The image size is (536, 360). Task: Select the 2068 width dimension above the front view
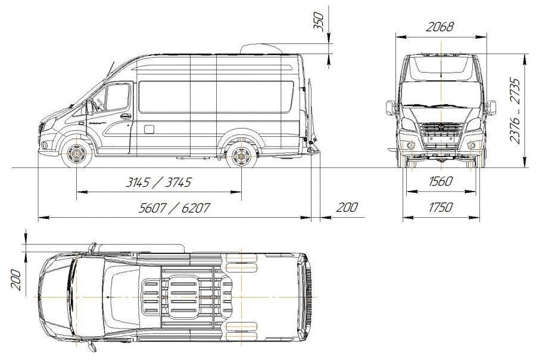coord(440,27)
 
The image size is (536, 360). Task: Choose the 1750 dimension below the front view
coord(440,207)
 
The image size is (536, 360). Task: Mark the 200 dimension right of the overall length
coord(347,207)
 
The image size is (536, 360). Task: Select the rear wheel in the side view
coord(241,156)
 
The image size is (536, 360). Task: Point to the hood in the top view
coord(57,296)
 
